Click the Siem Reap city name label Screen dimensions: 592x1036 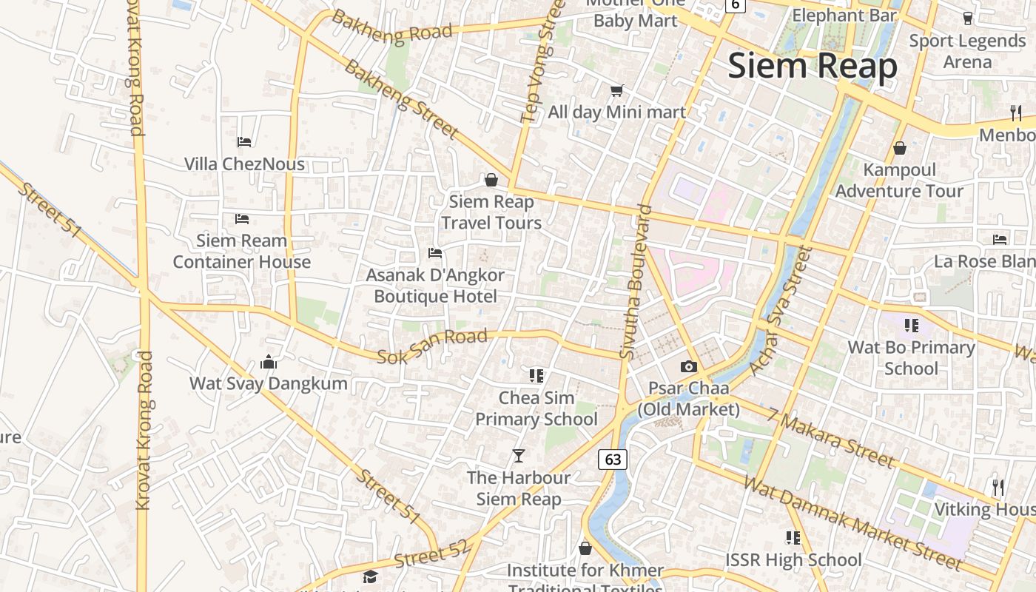pos(813,66)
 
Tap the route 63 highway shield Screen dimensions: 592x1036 pos(613,459)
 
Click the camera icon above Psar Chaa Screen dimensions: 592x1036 pos(689,366)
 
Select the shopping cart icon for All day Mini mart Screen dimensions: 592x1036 pos(616,90)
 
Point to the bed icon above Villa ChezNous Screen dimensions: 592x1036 pos(244,141)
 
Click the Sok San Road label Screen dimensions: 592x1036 pos(433,346)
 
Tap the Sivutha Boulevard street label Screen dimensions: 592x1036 pos(637,282)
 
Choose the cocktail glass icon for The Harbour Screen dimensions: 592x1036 pos(519,456)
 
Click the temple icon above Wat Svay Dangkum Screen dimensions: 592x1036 pos(269,362)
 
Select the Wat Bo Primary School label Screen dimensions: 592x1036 pos(911,357)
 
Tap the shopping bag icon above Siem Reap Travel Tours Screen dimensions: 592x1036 pos(491,180)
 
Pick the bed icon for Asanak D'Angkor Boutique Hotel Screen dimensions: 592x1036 pos(435,253)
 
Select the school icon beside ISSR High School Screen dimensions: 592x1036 pos(793,537)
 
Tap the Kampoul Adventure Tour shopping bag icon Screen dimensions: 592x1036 pos(900,148)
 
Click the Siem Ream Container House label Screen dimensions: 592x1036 pos(242,251)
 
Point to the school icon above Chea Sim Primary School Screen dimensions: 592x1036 pos(536,376)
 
